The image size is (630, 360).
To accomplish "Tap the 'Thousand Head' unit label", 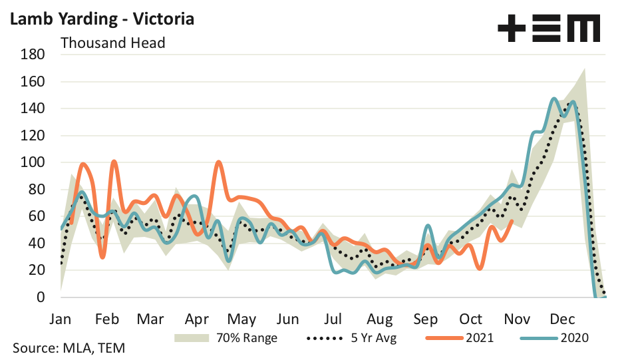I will (112, 43).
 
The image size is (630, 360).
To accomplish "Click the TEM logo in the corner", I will (548, 29).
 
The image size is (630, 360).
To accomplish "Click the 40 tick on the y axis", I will (36, 244).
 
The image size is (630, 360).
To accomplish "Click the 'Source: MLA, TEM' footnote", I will (69, 347).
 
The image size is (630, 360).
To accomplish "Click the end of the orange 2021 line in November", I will (511, 221).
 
